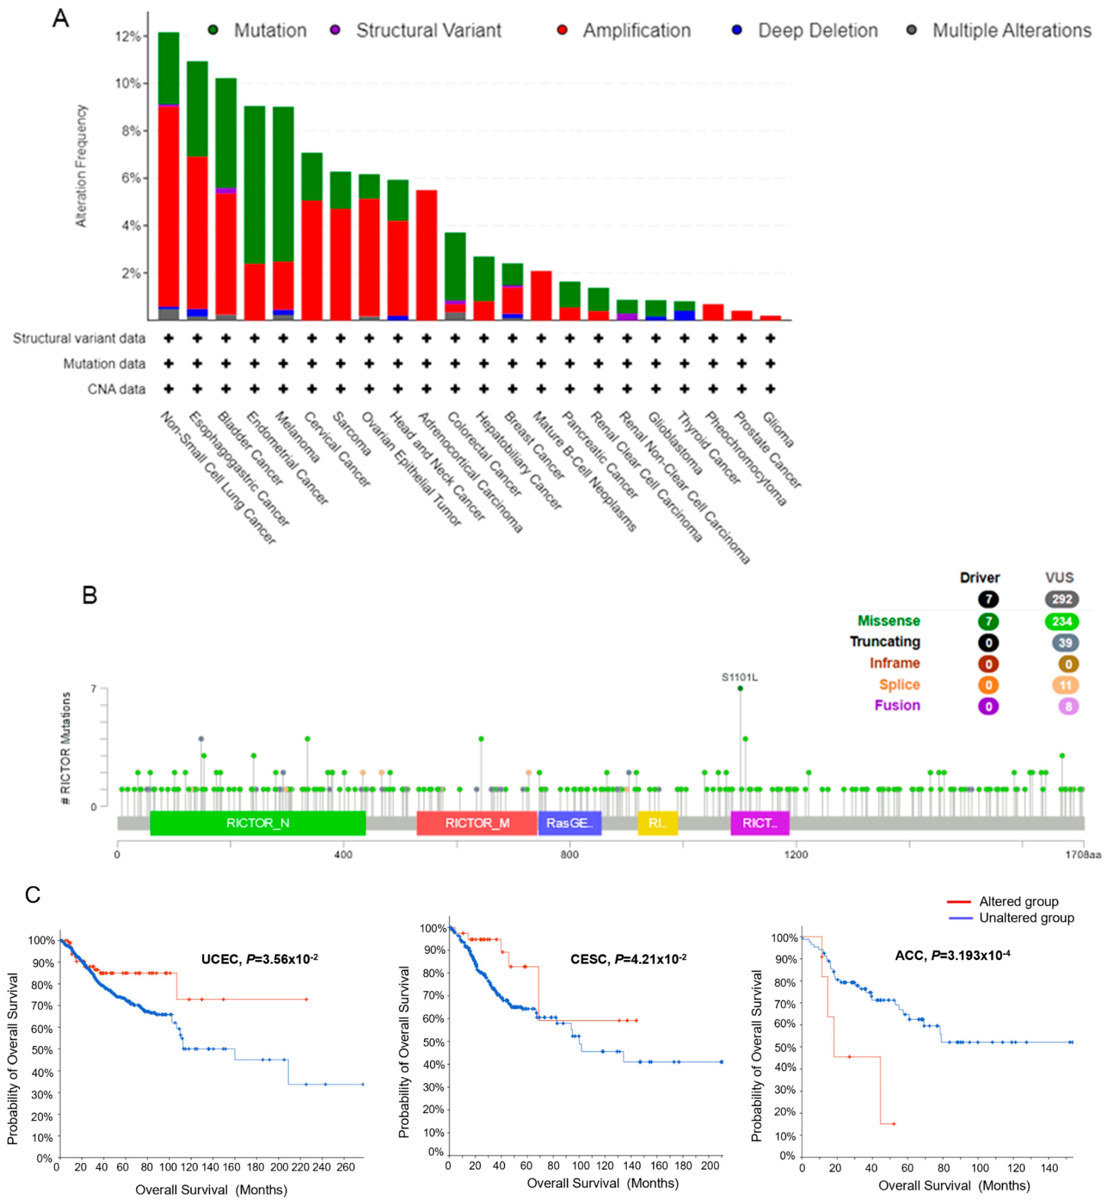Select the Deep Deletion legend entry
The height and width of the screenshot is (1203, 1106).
click(817, 30)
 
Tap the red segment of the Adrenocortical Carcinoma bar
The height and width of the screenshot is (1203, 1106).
click(426, 254)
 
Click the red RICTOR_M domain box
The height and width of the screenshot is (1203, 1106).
click(477, 823)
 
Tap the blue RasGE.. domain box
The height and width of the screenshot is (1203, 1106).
click(569, 823)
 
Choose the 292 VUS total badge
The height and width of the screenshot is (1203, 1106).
click(1062, 599)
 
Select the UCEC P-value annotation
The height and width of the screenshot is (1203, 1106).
click(259, 959)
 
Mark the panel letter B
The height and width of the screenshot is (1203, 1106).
click(90, 596)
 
